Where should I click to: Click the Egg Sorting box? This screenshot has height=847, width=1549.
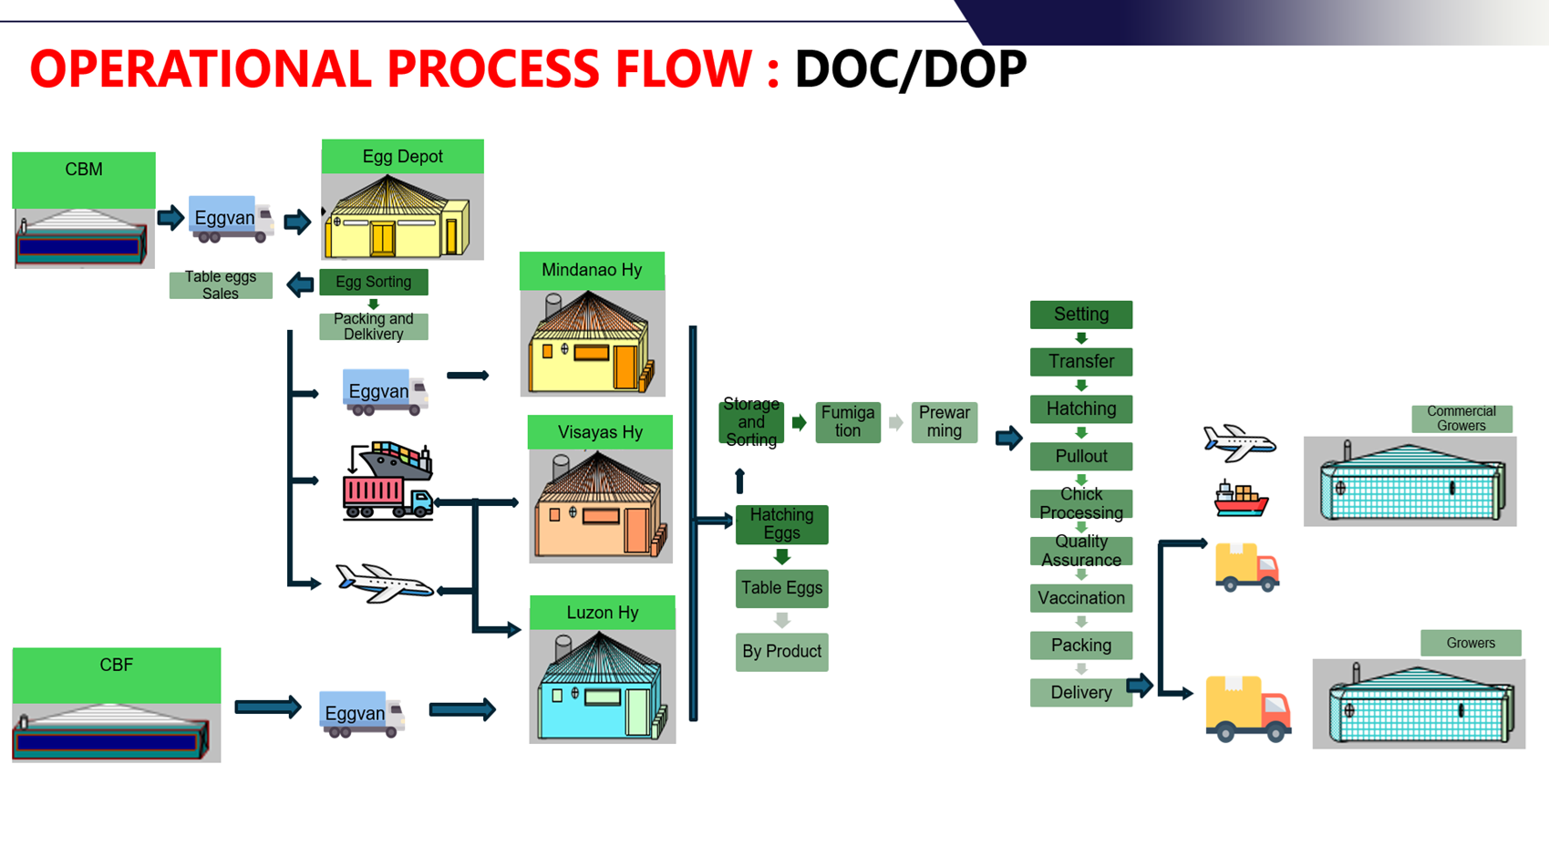coord(374,282)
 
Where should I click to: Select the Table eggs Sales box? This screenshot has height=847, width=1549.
coord(221,284)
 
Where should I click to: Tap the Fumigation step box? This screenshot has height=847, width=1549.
coord(848,422)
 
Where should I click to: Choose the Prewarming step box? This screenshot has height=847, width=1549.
coord(944,422)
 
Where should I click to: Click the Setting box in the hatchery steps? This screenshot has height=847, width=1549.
coord(1081,315)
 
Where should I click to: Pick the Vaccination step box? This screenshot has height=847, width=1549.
coord(1081,598)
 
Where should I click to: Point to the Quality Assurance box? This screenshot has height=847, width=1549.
coord(1081,551)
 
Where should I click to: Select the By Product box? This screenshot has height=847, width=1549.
coord(781,651)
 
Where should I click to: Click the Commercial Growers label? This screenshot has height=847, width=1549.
coord(1461,419)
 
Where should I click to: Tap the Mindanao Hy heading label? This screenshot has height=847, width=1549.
coord(592,271)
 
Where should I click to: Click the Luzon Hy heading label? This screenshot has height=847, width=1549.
coord(603,613)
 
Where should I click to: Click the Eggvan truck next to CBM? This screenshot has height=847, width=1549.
coord(231,219)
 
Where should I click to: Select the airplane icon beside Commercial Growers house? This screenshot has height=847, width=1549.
coord(1239,442)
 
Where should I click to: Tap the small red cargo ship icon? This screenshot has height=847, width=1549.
coord(1241,499)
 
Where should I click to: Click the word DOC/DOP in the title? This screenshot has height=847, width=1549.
coord(911,69)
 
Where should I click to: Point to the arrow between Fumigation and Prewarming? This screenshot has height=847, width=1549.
coord(896,422)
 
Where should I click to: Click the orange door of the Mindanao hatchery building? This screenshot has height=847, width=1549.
coord(625,367)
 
